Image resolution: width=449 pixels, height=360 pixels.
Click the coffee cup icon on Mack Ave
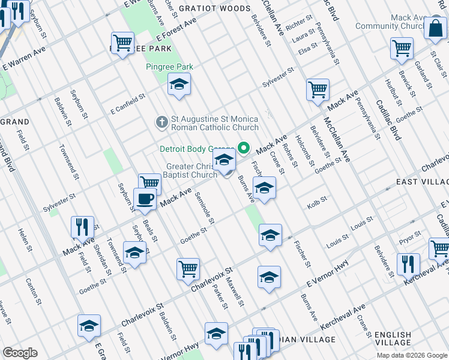[144, 199]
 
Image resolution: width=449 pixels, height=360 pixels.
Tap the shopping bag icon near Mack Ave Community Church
[434, 28]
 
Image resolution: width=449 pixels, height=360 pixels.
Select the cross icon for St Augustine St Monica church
[161, 122]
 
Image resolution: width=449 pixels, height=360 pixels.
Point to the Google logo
[20, 353]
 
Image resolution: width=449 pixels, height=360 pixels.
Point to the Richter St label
[296, 25]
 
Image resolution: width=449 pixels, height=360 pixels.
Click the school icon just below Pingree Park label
[178, 85]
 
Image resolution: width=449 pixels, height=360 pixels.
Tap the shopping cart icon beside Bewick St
[402, 48]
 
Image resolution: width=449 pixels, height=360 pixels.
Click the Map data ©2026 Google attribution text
[412, 355]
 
